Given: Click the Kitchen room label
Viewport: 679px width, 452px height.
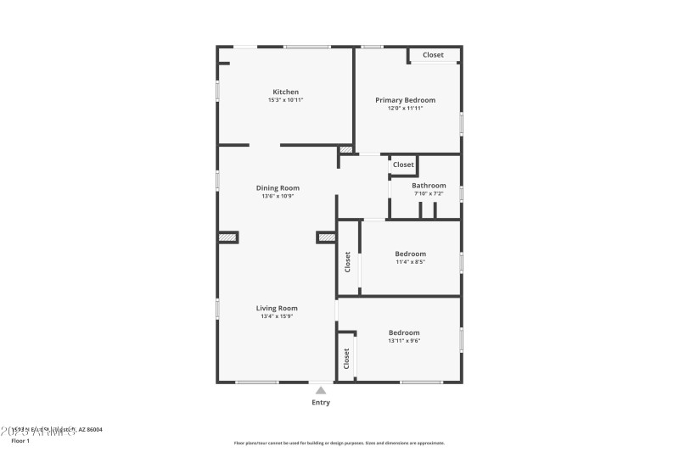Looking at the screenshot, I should (285, 92).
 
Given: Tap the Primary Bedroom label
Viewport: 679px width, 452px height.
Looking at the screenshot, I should (405, 100).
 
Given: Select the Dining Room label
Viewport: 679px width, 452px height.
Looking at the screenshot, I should (278, 188).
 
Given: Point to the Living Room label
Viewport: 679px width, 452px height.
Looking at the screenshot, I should (277, 309).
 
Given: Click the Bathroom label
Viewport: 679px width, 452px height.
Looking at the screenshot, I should (429, 186).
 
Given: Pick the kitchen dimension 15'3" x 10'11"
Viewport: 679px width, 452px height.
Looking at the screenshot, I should (285, 100).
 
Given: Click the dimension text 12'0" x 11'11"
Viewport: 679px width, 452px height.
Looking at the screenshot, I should (405, 109).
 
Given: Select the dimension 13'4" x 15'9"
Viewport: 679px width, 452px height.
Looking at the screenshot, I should (277, 316).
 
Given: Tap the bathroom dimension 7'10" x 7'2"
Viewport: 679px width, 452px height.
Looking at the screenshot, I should (429, 193).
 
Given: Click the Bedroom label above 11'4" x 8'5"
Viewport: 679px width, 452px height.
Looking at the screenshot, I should (410, 254).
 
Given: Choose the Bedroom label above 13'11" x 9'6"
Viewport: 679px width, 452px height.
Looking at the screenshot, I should (404, 332).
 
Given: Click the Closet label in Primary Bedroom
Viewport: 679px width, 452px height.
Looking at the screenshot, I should (433, 55).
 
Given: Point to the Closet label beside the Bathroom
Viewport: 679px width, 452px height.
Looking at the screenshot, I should (403, 165).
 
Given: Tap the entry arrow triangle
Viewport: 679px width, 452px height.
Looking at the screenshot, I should (321, 390).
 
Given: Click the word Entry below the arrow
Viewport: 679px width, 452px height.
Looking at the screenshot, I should (321, 403).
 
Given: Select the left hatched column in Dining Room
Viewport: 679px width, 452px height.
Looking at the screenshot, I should (227, 237).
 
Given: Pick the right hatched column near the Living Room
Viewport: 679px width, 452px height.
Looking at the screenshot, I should (326, 237).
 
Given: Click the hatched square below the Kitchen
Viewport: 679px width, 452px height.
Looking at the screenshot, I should (345, 150).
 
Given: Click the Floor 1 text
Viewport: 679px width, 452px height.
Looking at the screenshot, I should (20, 441).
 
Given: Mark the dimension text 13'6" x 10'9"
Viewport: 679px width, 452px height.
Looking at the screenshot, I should (278, 197).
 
